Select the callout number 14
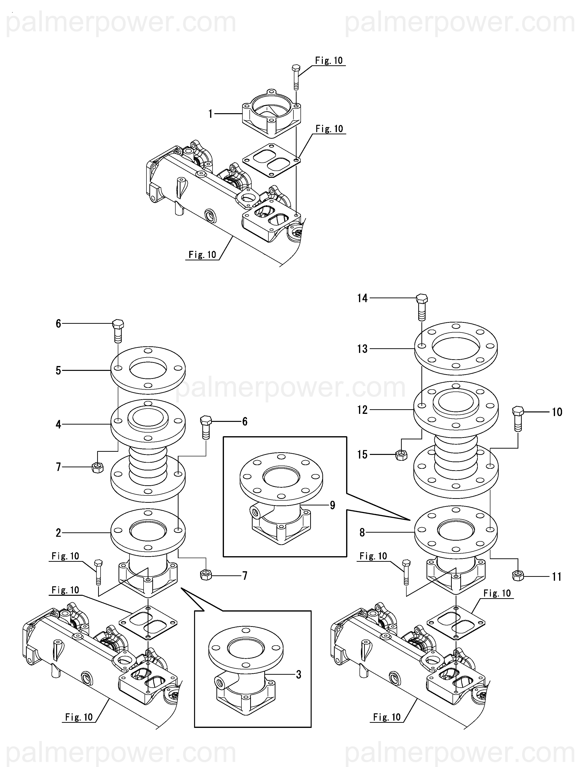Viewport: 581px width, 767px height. coord(362,298)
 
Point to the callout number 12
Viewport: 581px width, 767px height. coord(362,410)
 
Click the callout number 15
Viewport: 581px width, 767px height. coord(362,455)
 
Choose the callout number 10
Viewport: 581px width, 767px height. coord(557,412)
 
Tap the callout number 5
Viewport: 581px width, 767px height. coord(58,371)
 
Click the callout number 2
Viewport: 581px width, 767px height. coord(58,533)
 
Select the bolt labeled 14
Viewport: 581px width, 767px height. coord(421,307)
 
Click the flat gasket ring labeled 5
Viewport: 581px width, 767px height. coord(148,370)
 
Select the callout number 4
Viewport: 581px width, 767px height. coord(58,424)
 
